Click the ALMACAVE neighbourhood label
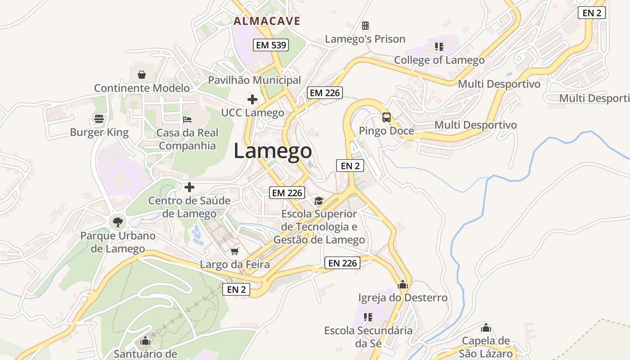(267, 21)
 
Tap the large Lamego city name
(273, 152)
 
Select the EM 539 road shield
(270, 45)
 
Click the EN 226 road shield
(342, 263)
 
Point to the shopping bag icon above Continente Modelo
(142, 74)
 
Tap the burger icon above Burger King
(99, 119)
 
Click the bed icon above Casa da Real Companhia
(187, 119)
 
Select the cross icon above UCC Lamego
(252, 99)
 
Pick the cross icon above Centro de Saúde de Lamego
(189, 187)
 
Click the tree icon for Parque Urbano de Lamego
(117, 222)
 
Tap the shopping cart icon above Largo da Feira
(234, 251)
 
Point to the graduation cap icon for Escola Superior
(319, 201)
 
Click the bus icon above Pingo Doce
(387, 117)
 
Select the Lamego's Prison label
(365, 39)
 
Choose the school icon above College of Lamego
(439, 46)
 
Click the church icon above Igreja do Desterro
(403, 284)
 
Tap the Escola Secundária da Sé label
(368, 337)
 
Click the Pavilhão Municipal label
(254, 80)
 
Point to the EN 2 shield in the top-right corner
(592, 13)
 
